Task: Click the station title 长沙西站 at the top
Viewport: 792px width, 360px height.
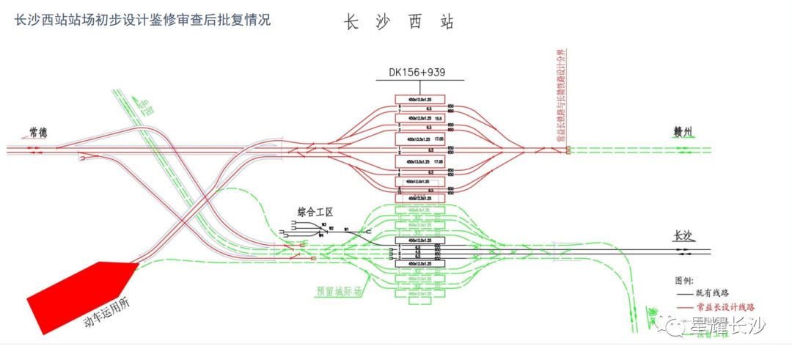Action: pos(400,22)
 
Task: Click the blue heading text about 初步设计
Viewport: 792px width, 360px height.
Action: pos(143,20)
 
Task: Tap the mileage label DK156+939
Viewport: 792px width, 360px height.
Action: pos(417,73)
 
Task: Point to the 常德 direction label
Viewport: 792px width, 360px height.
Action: pos(38,133)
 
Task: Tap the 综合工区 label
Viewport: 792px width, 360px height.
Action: pos(315,211)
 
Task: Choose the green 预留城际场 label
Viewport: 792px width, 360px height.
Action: pos(339,292)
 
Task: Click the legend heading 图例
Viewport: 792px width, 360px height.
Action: pos(684,280)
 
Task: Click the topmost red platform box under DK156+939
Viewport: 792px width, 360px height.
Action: pos(420,99)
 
